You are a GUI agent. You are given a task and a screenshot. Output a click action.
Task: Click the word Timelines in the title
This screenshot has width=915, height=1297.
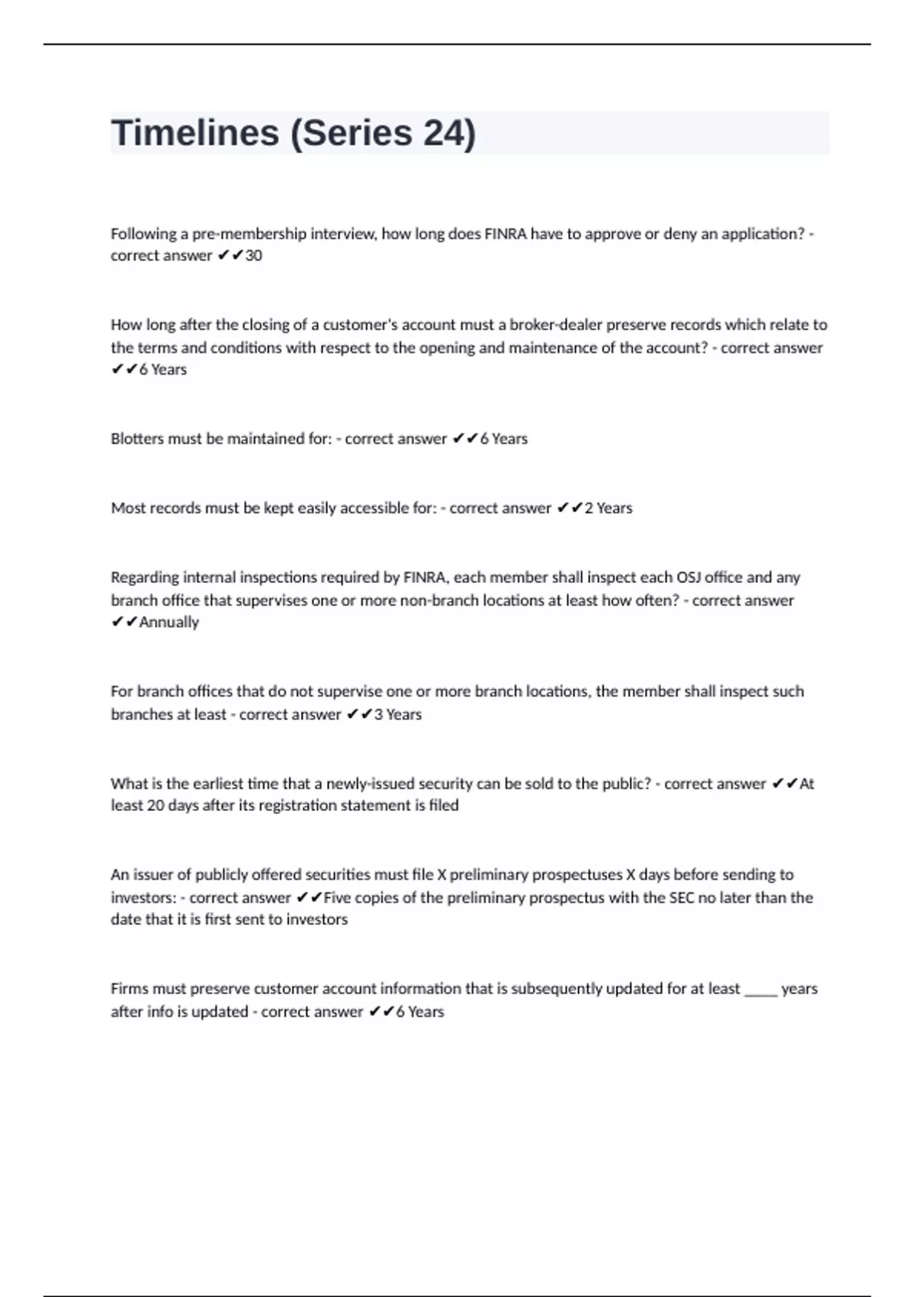tap(195, 134)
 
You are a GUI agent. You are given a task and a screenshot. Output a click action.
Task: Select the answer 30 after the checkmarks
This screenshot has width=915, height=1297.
tap(253, 256)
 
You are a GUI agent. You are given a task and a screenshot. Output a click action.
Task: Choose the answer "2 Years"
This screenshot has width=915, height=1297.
tap(608, 508)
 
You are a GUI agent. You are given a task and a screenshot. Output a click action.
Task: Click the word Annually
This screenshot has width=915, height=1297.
tap(169, 623)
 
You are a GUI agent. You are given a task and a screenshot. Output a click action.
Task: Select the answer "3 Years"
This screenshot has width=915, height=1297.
tap(397, 715)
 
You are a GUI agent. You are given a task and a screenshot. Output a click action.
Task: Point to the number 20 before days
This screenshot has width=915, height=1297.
tap(156, 806)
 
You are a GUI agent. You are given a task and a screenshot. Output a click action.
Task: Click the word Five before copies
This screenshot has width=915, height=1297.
tap(336, 898)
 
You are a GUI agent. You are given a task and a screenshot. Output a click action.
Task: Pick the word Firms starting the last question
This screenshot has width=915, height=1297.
tap(129, 989)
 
